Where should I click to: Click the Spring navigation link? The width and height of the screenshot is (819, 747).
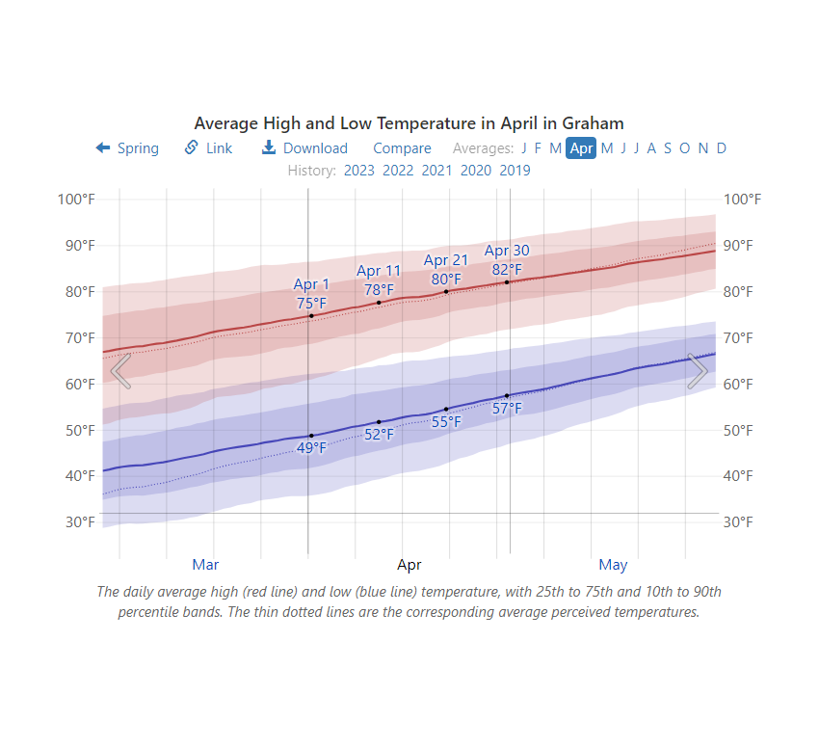point(127,147)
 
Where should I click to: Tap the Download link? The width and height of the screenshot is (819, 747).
point(304,147)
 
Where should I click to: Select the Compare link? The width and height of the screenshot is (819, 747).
point(402,147)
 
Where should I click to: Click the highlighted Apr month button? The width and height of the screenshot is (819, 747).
point(581,147)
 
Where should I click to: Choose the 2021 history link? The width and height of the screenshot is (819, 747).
point(436,171)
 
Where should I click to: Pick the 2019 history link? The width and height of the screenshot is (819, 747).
point(515,171)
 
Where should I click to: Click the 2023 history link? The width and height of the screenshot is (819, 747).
point(358,171)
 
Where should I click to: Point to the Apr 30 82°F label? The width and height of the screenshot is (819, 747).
point(507,260)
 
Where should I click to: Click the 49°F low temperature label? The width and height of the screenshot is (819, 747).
point(311,447)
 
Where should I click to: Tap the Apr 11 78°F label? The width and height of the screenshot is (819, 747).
point(379,280)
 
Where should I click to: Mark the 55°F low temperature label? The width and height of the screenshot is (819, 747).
point(446,421)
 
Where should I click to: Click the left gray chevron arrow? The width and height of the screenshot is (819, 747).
point(120,371)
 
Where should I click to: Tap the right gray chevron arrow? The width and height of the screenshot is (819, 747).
point(698,371)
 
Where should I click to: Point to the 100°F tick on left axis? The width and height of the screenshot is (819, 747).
point(76,199)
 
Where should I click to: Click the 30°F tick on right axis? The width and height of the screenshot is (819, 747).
point(742,521)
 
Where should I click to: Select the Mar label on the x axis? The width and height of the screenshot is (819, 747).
point(205,564)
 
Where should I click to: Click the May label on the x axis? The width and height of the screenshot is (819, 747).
point(613,564)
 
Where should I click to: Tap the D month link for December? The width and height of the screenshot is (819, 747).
point(721,147)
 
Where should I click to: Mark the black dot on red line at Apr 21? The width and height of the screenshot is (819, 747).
point(446,291)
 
